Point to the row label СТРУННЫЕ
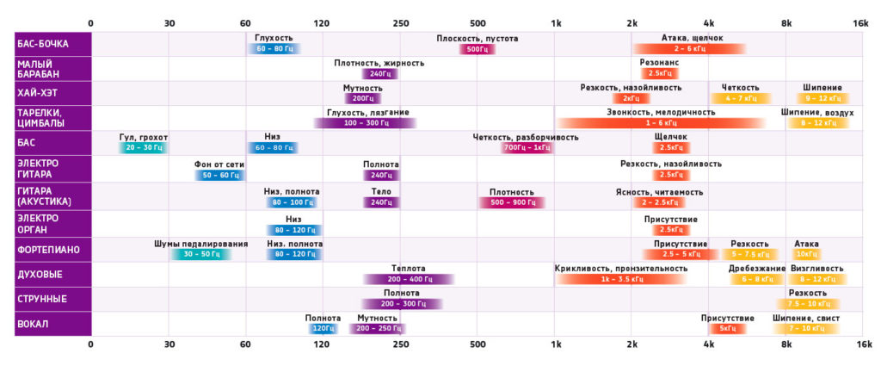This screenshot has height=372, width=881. [x=42, y=299]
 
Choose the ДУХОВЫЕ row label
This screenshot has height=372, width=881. [x=40, y=275]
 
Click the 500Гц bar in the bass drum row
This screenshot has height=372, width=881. [x=477, y=49]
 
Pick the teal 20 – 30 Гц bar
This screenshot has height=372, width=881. [x=142, y=148]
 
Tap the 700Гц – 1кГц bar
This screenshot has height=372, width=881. [x=527, y=148]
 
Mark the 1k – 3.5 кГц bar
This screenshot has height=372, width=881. [x=620, y=279]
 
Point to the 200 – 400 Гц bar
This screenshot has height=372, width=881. [x=408, y=279]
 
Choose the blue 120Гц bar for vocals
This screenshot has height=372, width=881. [x=323, y=328]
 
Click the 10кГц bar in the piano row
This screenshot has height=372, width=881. [x=807, y=254]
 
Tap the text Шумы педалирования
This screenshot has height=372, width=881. [x=200, y=244]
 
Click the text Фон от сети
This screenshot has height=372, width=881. [x=218, y=164]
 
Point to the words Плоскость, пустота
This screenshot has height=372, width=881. [x=477, y=39]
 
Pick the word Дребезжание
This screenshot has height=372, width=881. [x=756, y=269]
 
